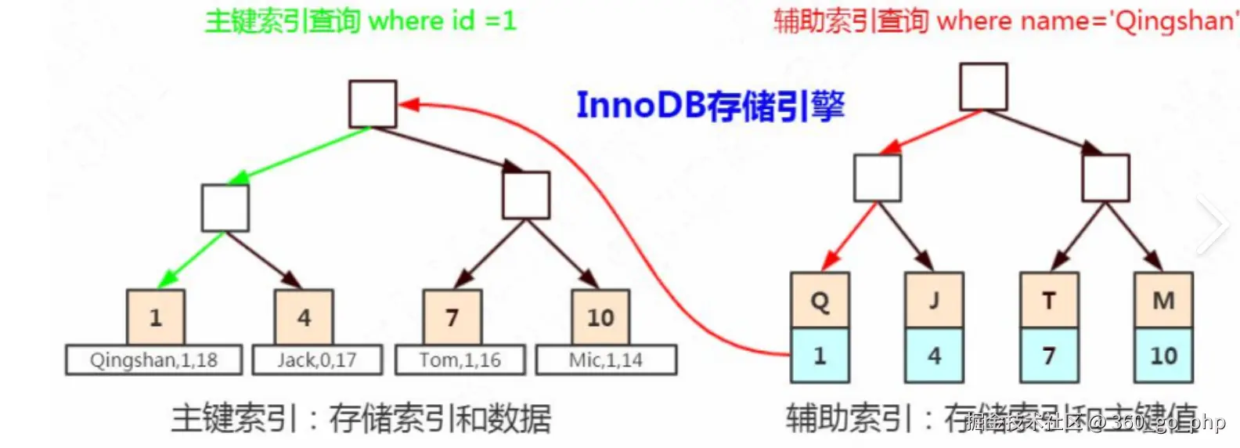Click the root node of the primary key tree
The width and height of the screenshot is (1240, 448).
[x=373, y=103]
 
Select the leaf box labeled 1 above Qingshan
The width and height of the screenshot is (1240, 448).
[x=156, y=317]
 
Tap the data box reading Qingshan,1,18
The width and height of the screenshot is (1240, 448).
[x=153, y=360]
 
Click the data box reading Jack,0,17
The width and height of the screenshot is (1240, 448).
[x=317, y=360]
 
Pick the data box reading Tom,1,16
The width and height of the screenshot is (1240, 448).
[x=460, y=360]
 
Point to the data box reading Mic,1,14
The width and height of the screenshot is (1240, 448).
[x=606, y=360]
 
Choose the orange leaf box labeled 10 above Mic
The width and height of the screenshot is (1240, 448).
[x=600, y=317]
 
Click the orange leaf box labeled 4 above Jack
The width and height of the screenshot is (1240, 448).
[x=304, y=317]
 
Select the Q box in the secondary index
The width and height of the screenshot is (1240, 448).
[x=820, y=300]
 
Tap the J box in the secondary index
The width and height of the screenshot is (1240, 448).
[x=934, y=300]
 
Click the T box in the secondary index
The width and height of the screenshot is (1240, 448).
[x=1049, y=300]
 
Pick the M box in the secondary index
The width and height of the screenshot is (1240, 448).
[x=1164, y=300]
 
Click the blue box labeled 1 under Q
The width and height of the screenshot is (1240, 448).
[x=820, y=356]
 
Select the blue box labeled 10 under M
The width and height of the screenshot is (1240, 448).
[x=1164, y=356]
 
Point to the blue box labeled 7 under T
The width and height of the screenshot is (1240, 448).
[x=1049, y=356]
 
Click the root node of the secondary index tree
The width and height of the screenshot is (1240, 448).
[x=984, y=87]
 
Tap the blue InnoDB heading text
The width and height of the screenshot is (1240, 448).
[x=710, y=106]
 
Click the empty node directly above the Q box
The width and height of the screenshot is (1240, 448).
[x=878, y=178]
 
